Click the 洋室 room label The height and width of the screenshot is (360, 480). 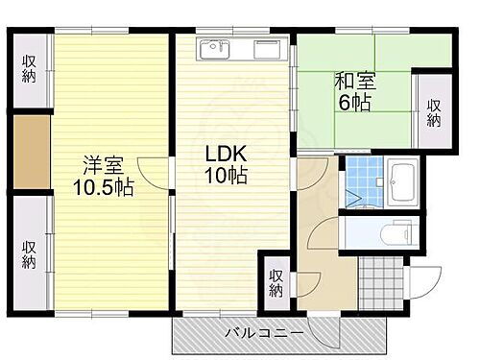(x=101, y=161)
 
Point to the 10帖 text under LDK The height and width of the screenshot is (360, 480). (x=225, y=176)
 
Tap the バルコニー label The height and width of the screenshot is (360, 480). (x=265, y=334)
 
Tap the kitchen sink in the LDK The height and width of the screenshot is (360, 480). (x=212, y=48)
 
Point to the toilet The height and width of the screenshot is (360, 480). (x=397, y=233)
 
